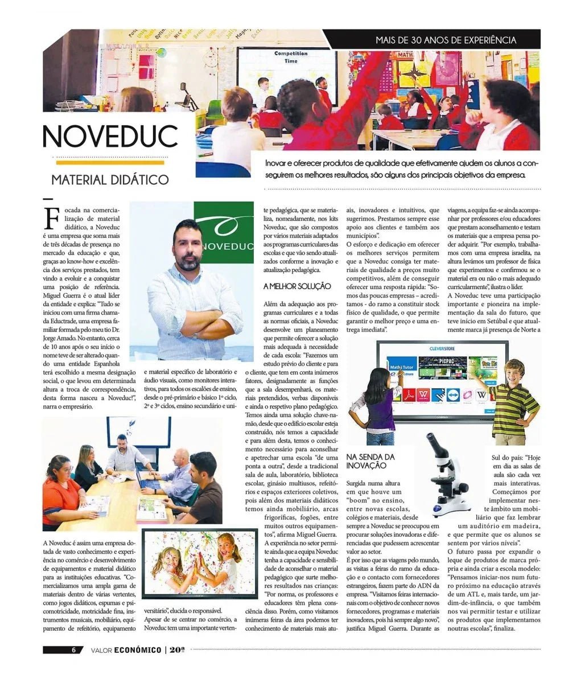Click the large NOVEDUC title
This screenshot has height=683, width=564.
(x=110, y=137)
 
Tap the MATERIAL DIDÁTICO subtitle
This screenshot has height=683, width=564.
(x=110, y=180)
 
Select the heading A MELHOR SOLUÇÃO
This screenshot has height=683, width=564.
(x=297, y=286)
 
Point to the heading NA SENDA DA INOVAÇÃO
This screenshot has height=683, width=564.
(x=370, y=461)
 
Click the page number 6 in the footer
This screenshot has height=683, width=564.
(x=73, y=650)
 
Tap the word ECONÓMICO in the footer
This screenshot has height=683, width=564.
(x=137, y=650)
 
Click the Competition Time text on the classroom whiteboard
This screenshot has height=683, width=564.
(x=291, y=57)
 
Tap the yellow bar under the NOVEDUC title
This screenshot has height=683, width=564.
(x=107, y=163)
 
